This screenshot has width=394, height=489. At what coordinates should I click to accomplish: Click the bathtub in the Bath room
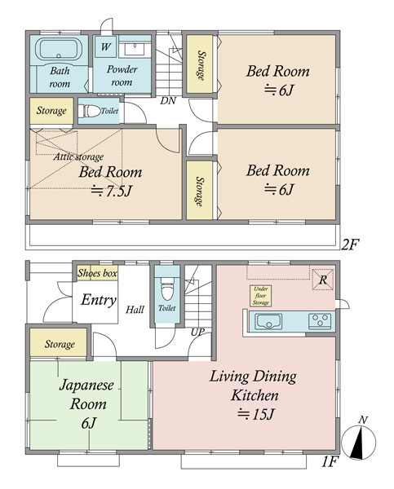click(x=59, y=49)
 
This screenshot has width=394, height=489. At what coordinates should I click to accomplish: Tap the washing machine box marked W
click(x=105, y=46)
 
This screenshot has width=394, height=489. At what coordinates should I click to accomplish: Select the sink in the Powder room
click(x=135, y=49)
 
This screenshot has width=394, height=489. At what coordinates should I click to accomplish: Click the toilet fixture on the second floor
click(x=89, y=111)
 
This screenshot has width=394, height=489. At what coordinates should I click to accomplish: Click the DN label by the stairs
click(x=168, y=101)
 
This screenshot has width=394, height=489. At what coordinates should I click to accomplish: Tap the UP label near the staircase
click(x=198, y=333)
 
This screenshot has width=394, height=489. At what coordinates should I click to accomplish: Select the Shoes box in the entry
click(x=97, y=273)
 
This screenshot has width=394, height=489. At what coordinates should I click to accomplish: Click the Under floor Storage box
click(x=260, y=296)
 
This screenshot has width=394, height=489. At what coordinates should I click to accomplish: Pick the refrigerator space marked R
click(x=323, y=280)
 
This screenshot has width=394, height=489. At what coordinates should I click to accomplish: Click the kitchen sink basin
click(x=268, y=322)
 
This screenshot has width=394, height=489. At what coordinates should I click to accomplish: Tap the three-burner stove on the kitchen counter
click(x=320, y=322)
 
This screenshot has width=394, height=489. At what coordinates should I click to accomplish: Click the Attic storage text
click(x=78, y=156)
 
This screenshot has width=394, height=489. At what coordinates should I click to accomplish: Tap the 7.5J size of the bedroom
click(x=111, y=192)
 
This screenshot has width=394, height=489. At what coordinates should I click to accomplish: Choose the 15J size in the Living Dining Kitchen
click(x=255, y=415)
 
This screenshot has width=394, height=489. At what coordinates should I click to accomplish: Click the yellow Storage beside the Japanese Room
click(x=59, y=342)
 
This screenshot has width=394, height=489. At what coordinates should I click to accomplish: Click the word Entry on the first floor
click(x=99, y=300)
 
